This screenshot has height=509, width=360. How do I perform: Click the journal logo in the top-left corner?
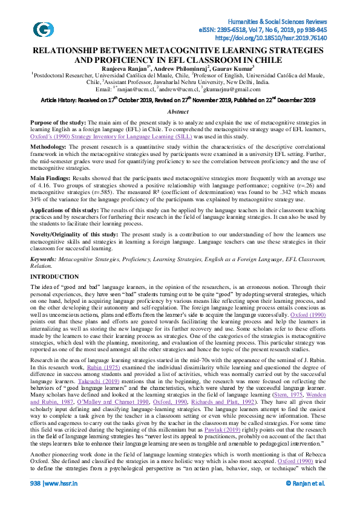[43, 29]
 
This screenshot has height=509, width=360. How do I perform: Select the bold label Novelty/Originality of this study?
[74, 233]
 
